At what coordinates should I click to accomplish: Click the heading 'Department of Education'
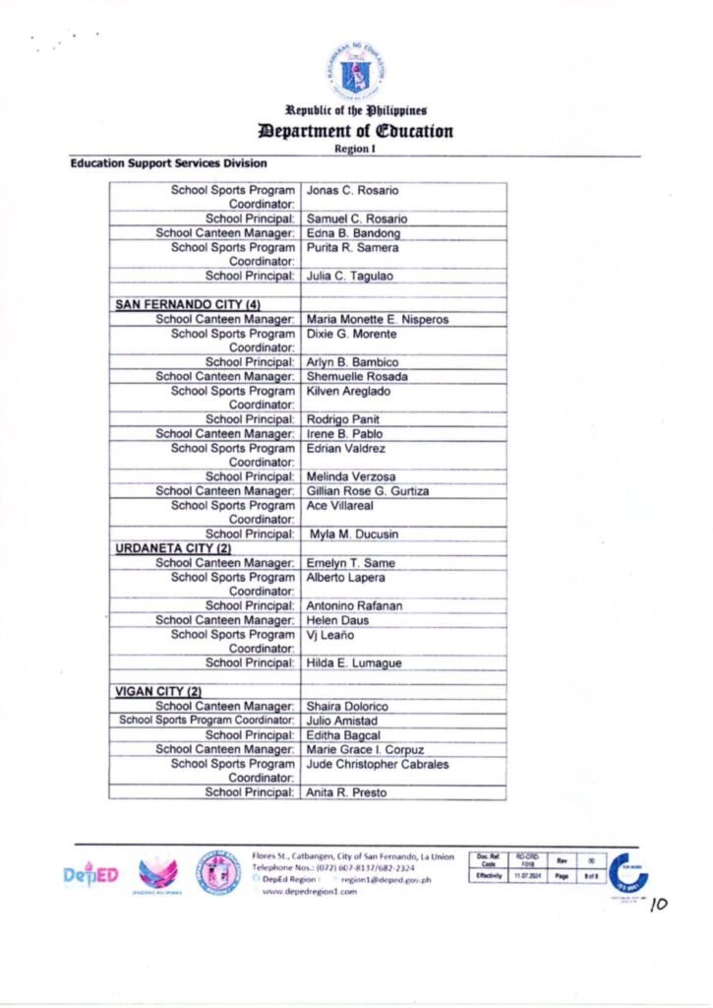click(356, 131)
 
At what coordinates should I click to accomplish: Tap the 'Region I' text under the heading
click(356, 149)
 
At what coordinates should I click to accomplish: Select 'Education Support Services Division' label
click(168, 162)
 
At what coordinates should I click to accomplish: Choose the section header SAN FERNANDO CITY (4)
click(188, 305)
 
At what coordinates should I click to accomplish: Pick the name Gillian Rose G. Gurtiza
click(368, 490)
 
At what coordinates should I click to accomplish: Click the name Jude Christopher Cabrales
click(378, 764)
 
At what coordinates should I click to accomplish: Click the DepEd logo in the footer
click(91, 875)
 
